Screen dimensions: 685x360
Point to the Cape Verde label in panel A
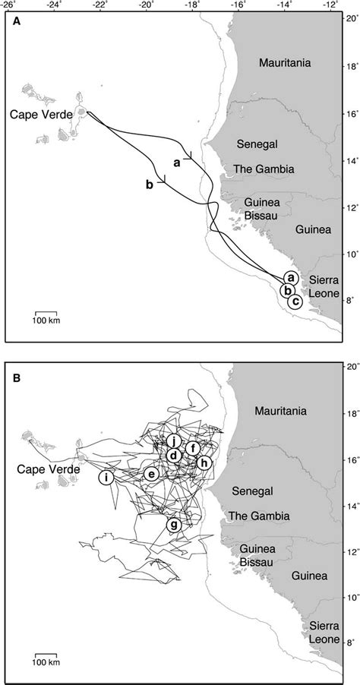40,114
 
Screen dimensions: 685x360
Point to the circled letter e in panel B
152,474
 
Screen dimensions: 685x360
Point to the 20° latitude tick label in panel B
350,366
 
